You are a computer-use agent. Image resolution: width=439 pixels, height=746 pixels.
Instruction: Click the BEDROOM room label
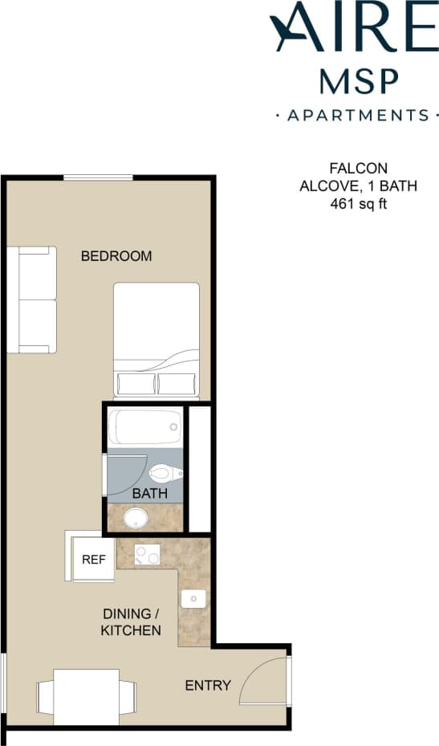[x=116, y=256]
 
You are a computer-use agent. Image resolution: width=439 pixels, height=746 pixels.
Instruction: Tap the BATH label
[x=149, y=492]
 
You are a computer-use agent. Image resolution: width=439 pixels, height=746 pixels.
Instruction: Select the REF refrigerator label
[x=94, y=560]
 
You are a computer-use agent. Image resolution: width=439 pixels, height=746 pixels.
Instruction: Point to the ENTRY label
[x=208, y=685]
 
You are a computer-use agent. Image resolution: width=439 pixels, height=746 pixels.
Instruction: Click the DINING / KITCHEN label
[x=131, y=622]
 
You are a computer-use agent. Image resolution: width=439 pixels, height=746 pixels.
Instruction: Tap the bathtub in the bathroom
[x=145, y=427]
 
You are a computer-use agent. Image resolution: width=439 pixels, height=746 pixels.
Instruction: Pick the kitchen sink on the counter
[x=194, y=599]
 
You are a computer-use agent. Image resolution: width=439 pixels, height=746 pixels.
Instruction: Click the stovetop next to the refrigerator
[x=147, y=553]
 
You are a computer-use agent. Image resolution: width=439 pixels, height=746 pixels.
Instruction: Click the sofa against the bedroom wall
[x=32, y=300]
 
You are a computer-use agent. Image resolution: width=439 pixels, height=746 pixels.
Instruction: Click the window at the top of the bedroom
[x=98, y=177]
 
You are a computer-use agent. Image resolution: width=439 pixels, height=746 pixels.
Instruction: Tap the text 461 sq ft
[x=358, y=204]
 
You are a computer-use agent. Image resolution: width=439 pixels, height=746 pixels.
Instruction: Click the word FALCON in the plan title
[x=358, y=169]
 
